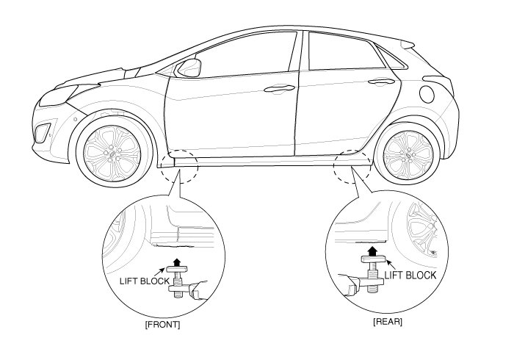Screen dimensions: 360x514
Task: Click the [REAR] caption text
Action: [386, 322]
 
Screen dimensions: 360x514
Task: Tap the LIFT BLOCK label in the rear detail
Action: [410, 275]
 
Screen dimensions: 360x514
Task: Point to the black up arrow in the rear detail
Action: [372, 251]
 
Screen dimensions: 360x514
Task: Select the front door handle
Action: [276, 89]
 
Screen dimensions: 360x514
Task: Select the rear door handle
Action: [379, 82]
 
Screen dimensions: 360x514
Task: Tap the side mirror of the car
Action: [189, 68]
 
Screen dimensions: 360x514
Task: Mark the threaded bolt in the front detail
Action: [175, 281]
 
